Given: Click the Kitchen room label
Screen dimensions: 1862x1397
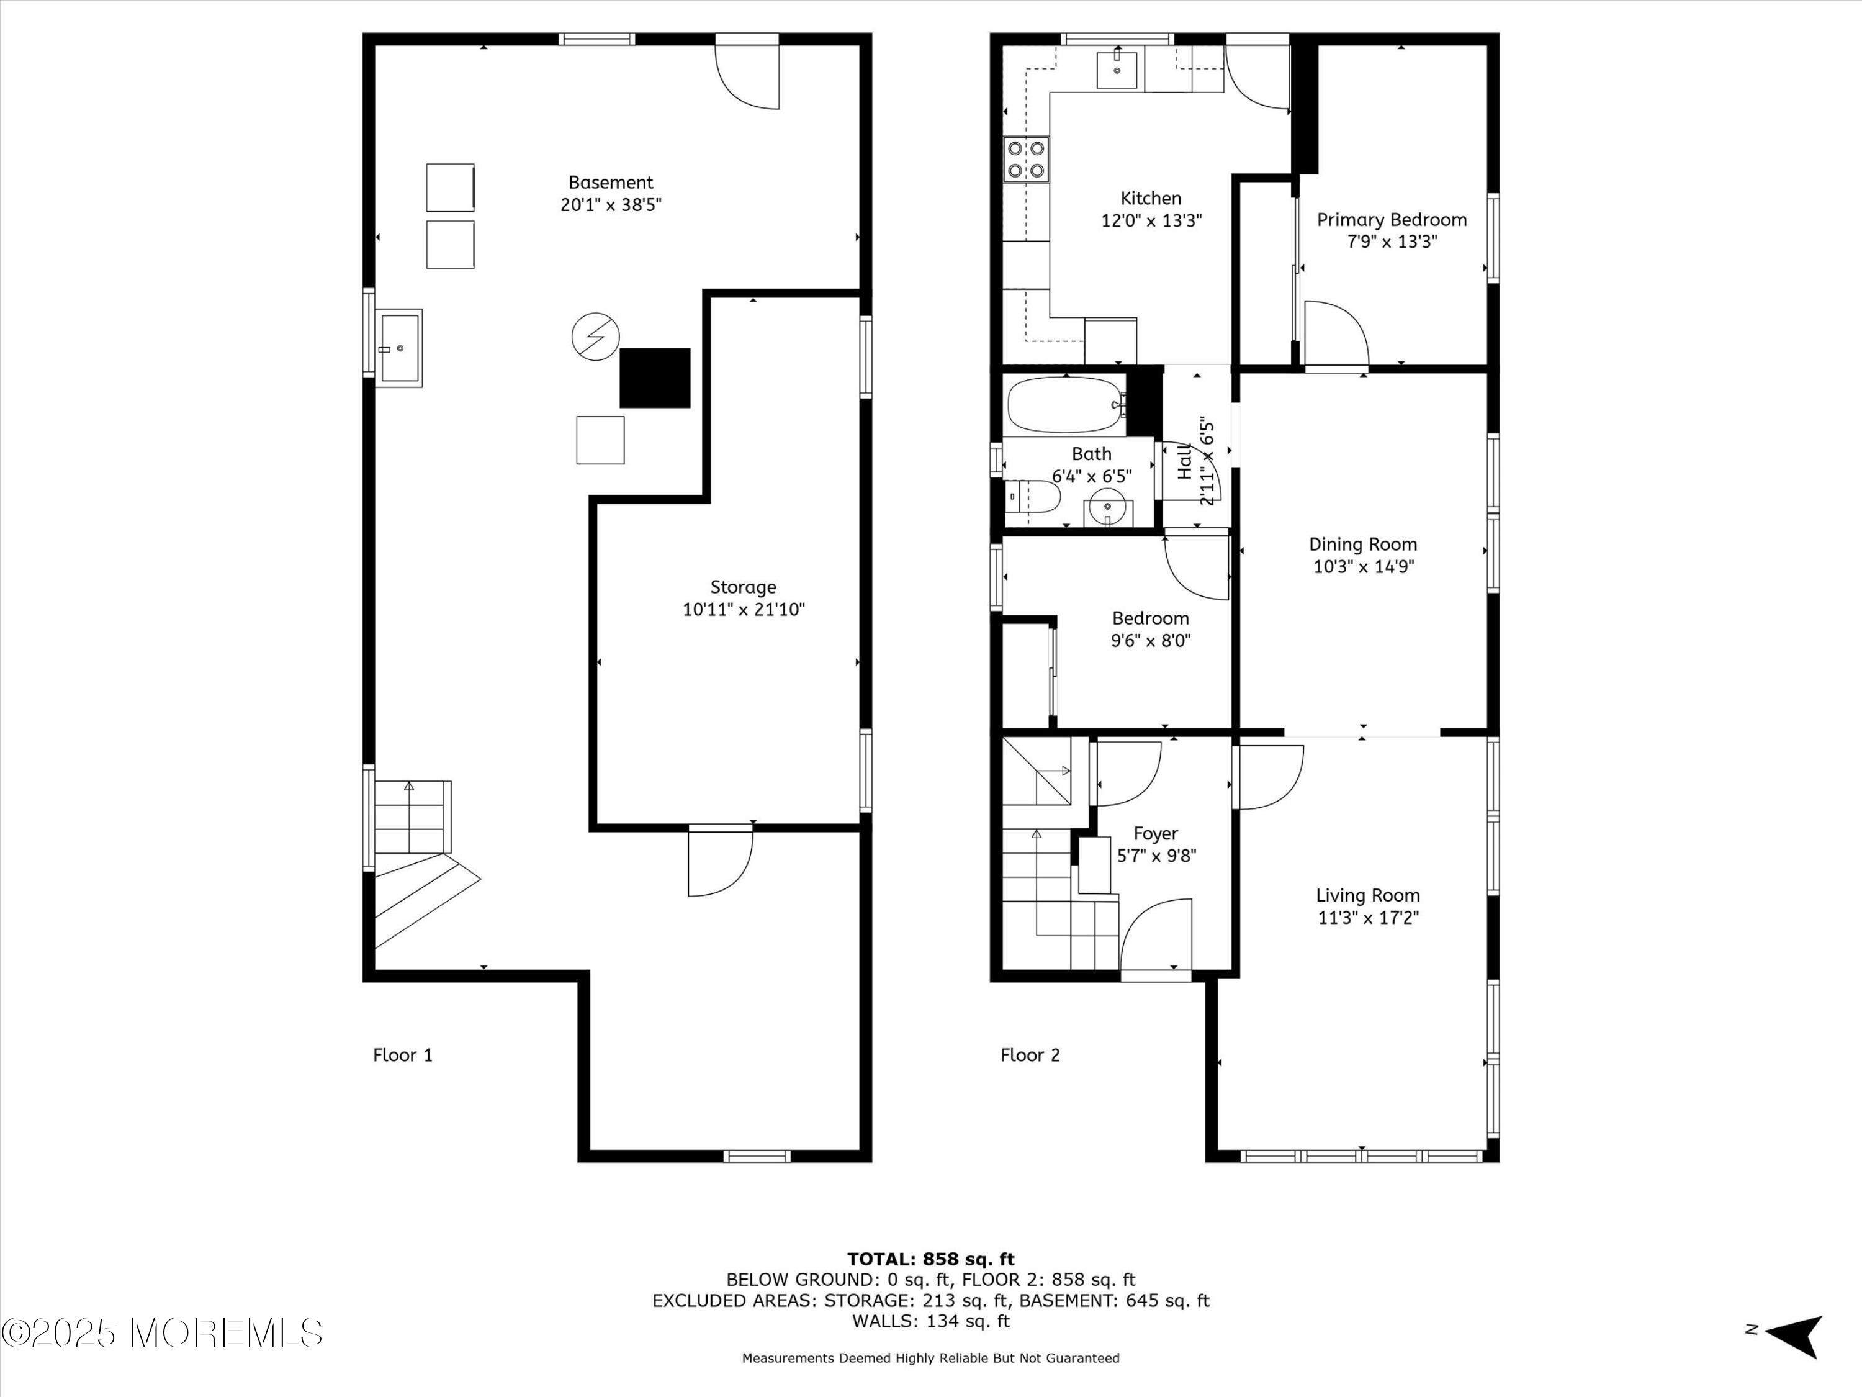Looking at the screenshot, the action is [x=1151, y=199].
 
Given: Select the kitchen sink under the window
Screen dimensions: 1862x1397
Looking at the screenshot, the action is [x=1117, y=69].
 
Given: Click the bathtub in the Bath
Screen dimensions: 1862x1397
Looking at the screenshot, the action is [x=1066, y=405].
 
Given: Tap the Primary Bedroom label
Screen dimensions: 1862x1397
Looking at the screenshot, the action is [x=1392, y=220].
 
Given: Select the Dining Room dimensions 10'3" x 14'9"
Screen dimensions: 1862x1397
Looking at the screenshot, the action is [x=1363, y=566].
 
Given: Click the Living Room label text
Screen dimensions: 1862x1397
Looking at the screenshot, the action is [x=1368, y=895].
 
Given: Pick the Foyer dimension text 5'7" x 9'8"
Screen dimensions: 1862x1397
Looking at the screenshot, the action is [x=1156, y=856].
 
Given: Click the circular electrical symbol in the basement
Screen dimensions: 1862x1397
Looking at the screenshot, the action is [x=596, y=337].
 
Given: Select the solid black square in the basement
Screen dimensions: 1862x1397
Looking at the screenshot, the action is [x=655, y=378].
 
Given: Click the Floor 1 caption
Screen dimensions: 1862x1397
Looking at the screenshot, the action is [x=402, y=1055].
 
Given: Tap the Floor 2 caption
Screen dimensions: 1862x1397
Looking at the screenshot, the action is [x=1030, y=1055].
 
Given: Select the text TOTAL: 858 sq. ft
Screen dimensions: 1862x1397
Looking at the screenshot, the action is [x=931, y=1259].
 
